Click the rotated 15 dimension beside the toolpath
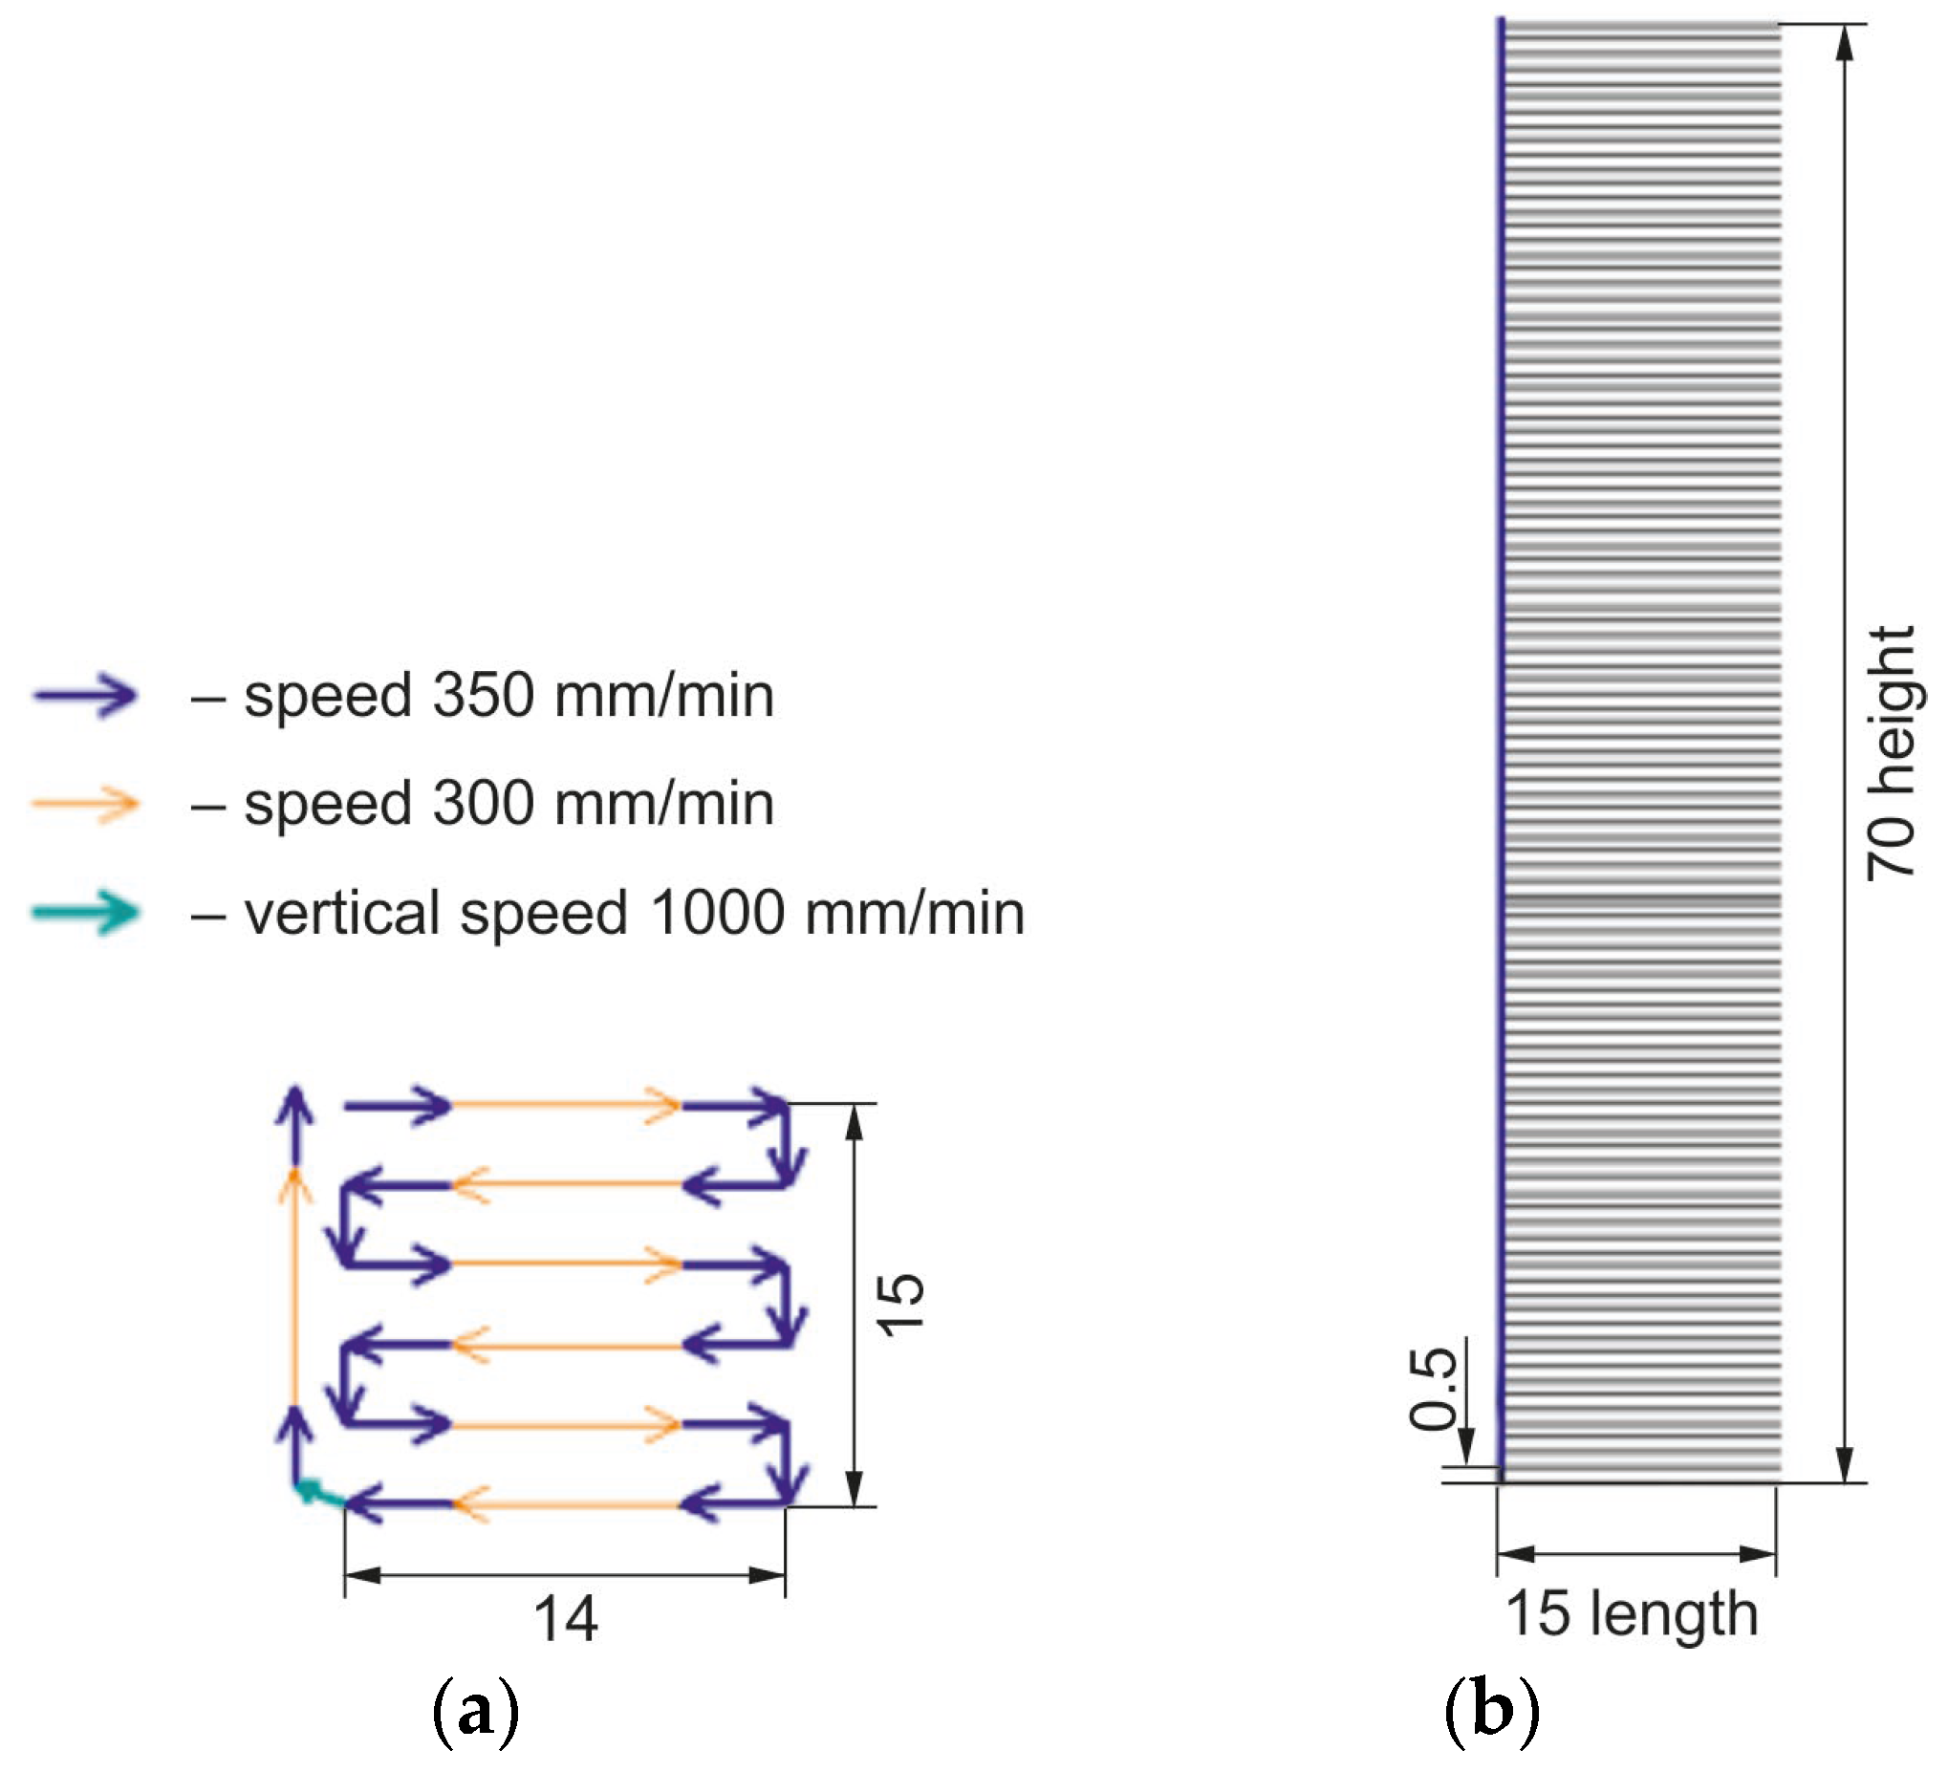[x=900, y=1305]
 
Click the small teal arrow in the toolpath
[x=317, y=1493]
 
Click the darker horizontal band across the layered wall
[x=1643, y=900]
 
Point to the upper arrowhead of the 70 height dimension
[x=1845, y=43]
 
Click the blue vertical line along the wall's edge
[x=1501, y=677]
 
